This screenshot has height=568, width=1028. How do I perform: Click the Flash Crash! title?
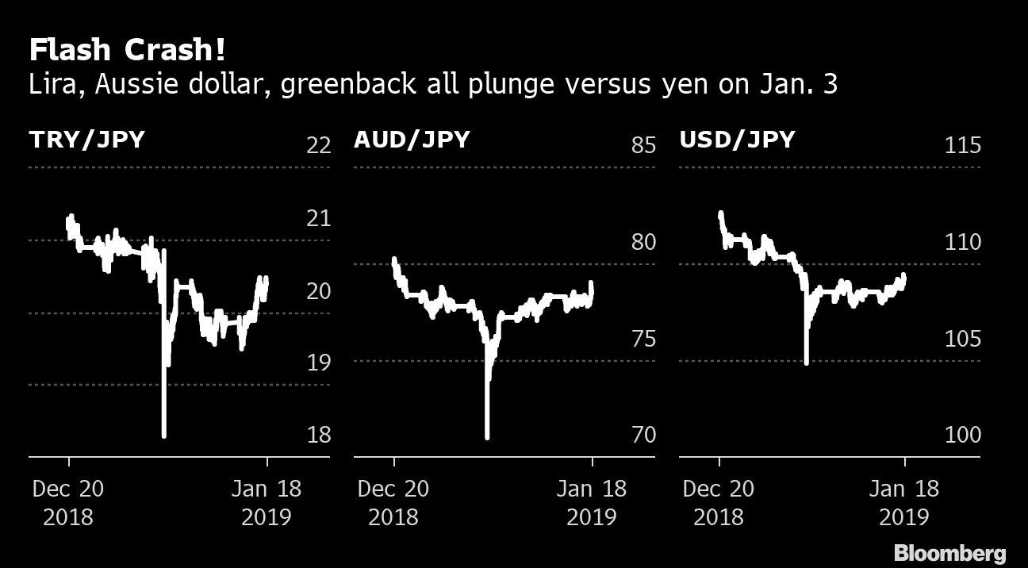[x=127, y=51]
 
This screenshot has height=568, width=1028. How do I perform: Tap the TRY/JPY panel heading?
[x=87, y=140]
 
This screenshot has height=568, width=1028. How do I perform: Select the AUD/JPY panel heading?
[x=412, y=140]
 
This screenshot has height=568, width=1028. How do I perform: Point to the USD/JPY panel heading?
[x=737, y=140]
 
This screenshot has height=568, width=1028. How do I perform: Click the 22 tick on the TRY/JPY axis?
[x=318, y=146]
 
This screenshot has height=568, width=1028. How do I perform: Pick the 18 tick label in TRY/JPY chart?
[x=318, y=435]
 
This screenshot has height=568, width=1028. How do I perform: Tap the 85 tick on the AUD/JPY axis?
[x=643, y=146]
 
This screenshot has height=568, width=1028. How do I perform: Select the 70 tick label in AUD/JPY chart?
[x=643, y=435]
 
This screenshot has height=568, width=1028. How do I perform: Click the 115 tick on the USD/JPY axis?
[x=962, y=146]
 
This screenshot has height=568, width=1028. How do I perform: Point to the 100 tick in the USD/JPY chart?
[x=962, y=435]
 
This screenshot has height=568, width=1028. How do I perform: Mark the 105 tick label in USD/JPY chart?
[x=962, y=339]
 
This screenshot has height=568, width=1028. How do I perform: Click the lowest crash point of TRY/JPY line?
[x=164, y=435]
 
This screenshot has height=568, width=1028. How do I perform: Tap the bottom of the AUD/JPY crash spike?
[x=487, y=436]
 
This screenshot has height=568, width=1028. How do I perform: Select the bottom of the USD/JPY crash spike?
[x=806, y=362]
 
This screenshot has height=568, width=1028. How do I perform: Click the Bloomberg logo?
[x=949, y=553]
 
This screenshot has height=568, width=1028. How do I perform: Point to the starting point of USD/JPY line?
[x=720, y=213]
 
